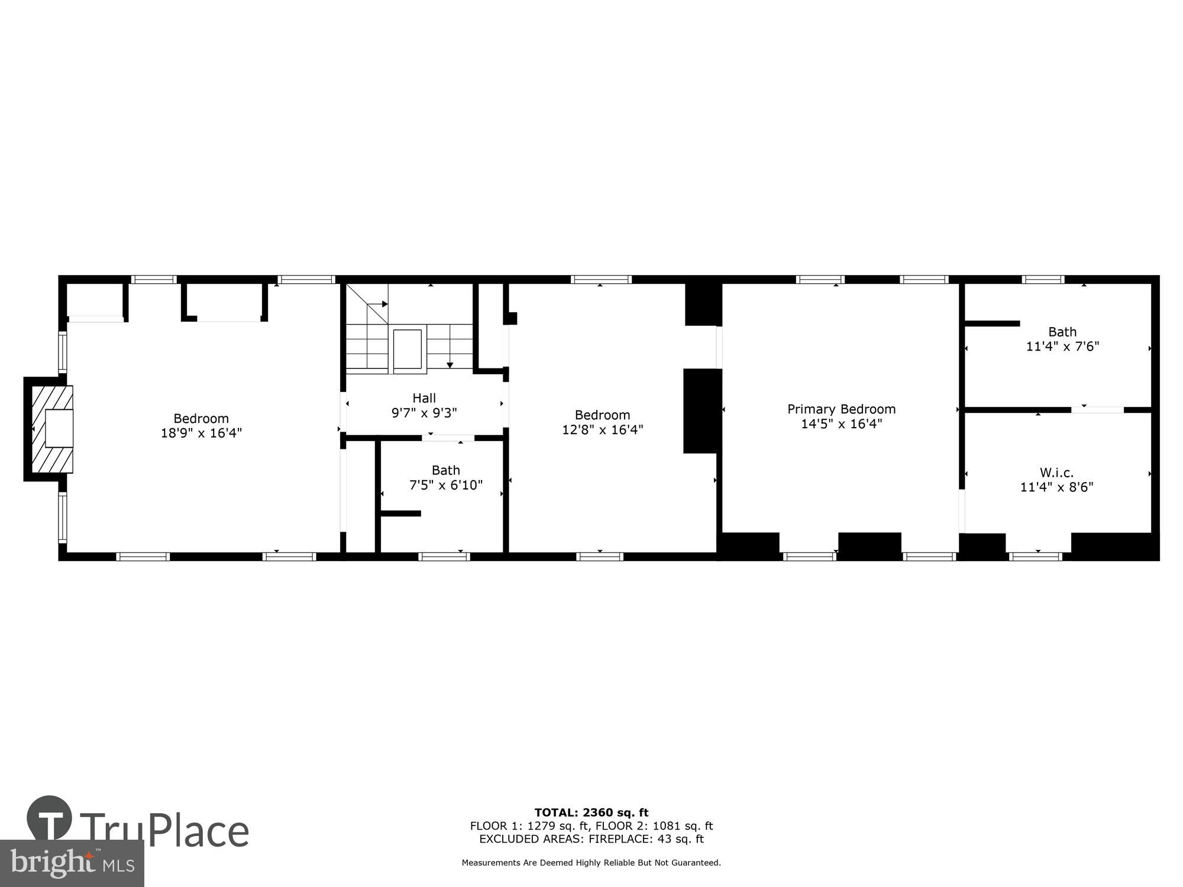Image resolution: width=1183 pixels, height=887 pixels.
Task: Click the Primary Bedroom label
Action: tap(841, 409)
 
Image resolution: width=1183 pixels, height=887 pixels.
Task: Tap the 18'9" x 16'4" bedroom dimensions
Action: tap(201, 433)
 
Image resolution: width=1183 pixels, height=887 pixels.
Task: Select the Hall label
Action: tap(424, 398)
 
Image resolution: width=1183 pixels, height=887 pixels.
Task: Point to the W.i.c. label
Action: tap(1056, 472)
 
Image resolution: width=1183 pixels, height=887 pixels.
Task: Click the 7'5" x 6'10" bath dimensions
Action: tap(446, 485)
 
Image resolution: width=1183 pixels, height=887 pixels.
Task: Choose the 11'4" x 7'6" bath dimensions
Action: tap(1062, 347)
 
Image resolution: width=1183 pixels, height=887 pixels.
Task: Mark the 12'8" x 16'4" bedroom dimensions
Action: tap(602, 429)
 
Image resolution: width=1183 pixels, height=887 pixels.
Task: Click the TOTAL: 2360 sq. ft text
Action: tap(591, 812)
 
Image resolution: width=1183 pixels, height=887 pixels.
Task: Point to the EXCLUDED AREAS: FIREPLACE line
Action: tap(591, 839)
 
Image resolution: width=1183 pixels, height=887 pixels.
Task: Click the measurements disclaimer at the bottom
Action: tap(591, 863)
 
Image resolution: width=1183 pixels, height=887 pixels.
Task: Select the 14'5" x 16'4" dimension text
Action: tap(841, 423)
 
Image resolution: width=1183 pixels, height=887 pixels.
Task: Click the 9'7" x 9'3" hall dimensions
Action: tap(424, 413)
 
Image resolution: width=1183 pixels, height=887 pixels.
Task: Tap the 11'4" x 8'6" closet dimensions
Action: tap(1056, 487)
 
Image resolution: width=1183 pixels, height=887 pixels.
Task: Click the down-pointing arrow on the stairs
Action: tap(450, 364)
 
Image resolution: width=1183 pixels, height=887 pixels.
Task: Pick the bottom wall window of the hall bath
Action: tap(444, 556)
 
